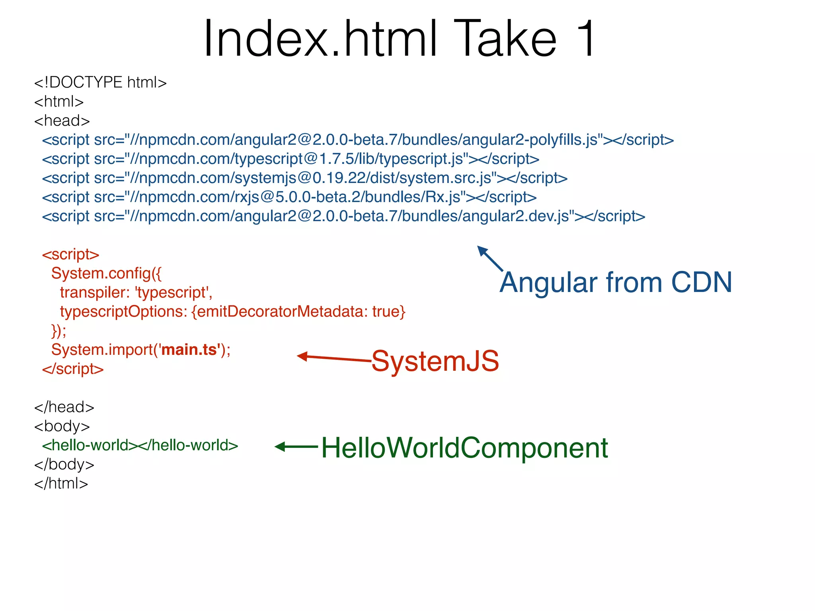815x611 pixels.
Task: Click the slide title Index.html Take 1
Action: click(400, 39)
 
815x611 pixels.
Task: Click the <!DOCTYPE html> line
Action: click(100, 83)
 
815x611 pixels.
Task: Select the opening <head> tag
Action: click(62, 121)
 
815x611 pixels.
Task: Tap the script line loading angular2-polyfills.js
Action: click(358, 140)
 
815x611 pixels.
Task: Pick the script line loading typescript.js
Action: click(291, 159)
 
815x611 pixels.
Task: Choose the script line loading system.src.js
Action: click(304, 178)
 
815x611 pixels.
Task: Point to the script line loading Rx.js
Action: click(289, 197)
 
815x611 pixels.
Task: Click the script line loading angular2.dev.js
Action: click(343, 216)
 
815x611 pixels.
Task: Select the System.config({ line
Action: click(106, 274)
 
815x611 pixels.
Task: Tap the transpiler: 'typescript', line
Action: click(136, 293)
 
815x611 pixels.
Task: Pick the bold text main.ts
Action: click(190, 350)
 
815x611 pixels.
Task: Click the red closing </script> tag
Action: click(73, 369)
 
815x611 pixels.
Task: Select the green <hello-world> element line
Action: click(140, 446)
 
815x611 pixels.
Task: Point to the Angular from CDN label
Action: click(616, 282)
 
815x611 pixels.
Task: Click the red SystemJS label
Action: click(435, 361)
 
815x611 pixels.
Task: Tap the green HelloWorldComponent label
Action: click(464, 448)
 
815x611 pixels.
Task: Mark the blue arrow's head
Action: click(482, 251)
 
